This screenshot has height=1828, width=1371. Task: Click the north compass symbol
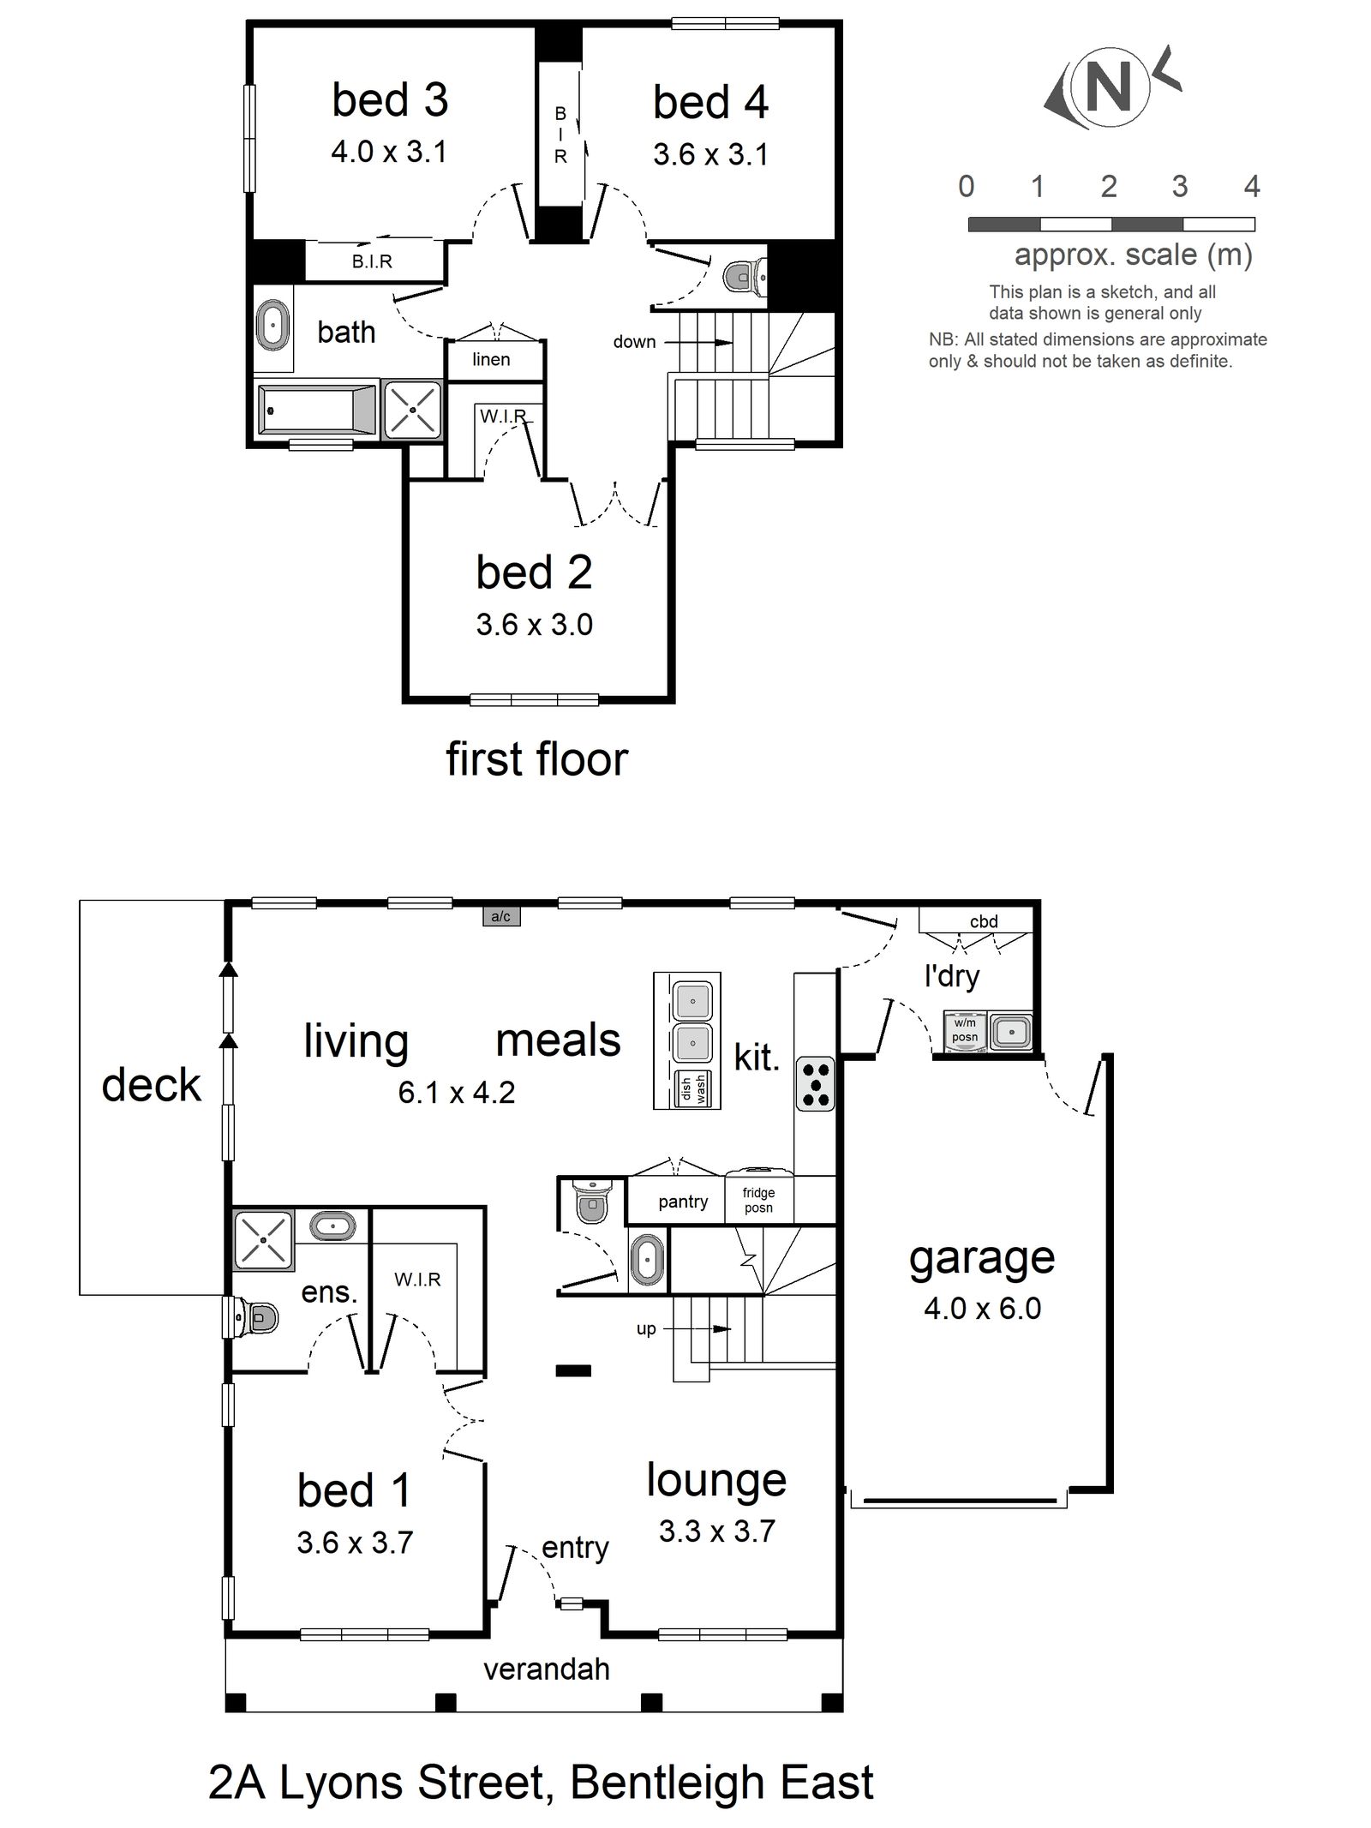pyautogui.click(x=1110, y=87)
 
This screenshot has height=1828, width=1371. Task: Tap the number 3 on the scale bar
pyautogui.click(x=1179, y=186)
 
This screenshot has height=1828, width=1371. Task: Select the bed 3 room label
pyautogui.click(x=390, y=100)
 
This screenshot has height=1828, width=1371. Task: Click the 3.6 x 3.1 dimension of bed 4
pyautogui.click(x=710, y=155)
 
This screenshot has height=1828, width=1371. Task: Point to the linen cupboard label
pyautogui.click(x=491, y=360)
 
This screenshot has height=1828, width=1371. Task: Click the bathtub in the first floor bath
pyautogui.click(x=317, y=411)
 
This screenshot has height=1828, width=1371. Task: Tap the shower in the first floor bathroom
pyautogui.click(x=412, y=410)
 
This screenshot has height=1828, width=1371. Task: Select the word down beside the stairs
pyautogui.click(x=634, y=342)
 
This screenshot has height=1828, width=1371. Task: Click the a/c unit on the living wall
pyautogui.click(x=500, y=917)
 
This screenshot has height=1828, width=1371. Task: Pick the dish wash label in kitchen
pyautogui.click(x=694, y=1088)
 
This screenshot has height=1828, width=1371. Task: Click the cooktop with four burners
pyautogui.click(x=814, y=1083)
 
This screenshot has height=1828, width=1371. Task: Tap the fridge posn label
pyautogui.click(x=758, y=1200)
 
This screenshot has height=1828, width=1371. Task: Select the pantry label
pyautogui.click(x=683, y=1202)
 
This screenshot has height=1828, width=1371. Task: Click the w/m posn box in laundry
pyautogui.click(x=965, y=1030)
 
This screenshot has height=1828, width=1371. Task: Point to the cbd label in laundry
pyautogui.click(x=983, y=921)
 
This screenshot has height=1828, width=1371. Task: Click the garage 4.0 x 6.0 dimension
pyautogui.click(x=982, y=1309)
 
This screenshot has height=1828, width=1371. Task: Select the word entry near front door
pyautogui.click(x=575, y=1548)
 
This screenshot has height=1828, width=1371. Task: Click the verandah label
pyautogui.click(x=546, y=1669)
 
